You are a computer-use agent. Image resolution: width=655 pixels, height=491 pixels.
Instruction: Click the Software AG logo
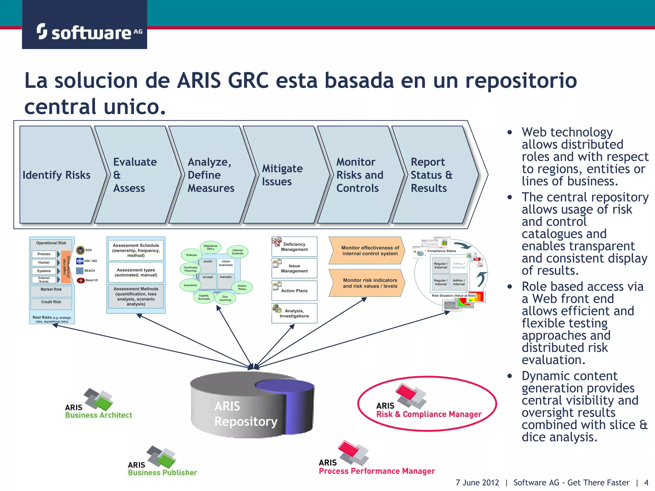pyautogui.click(x=84, y=32)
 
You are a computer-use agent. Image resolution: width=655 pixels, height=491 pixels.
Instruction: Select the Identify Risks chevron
pyautogui.click(x=57, y=175)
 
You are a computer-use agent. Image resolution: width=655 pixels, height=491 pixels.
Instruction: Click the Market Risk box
pyautogui.click(x=51, y=290)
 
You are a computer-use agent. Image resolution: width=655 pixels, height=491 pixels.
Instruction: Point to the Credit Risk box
pyautogui.click(x=51, y=302)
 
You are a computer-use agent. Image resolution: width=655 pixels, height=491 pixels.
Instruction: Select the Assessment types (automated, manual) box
pyautogui.click(x=136, y=272)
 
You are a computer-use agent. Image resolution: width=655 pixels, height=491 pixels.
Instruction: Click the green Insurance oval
pyautogui.click(x=190, y=285)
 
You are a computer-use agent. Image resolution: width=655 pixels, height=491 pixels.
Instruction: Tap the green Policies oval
pyautogui.click(x=192, y=255)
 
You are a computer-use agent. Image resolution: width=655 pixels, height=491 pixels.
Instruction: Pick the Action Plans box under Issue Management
pyautogui.click(x=294, y=291)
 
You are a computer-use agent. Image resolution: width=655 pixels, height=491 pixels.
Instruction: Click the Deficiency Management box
pyautogui.click(x=294, y=247)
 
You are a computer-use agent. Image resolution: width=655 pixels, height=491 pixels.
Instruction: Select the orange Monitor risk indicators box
pyautogui.click(x=368, y=283)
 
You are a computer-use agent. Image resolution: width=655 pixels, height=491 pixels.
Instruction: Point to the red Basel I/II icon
pyautogui.click(x=81, y=280)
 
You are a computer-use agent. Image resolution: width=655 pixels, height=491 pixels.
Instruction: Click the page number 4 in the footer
pyautogui.click(x=646, y=483)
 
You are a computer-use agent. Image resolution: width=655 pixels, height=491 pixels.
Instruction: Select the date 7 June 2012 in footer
pyautogui.click(x=477, y=483)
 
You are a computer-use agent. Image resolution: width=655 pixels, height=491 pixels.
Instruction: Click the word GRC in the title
pyautogui.click(x=248, y=81)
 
